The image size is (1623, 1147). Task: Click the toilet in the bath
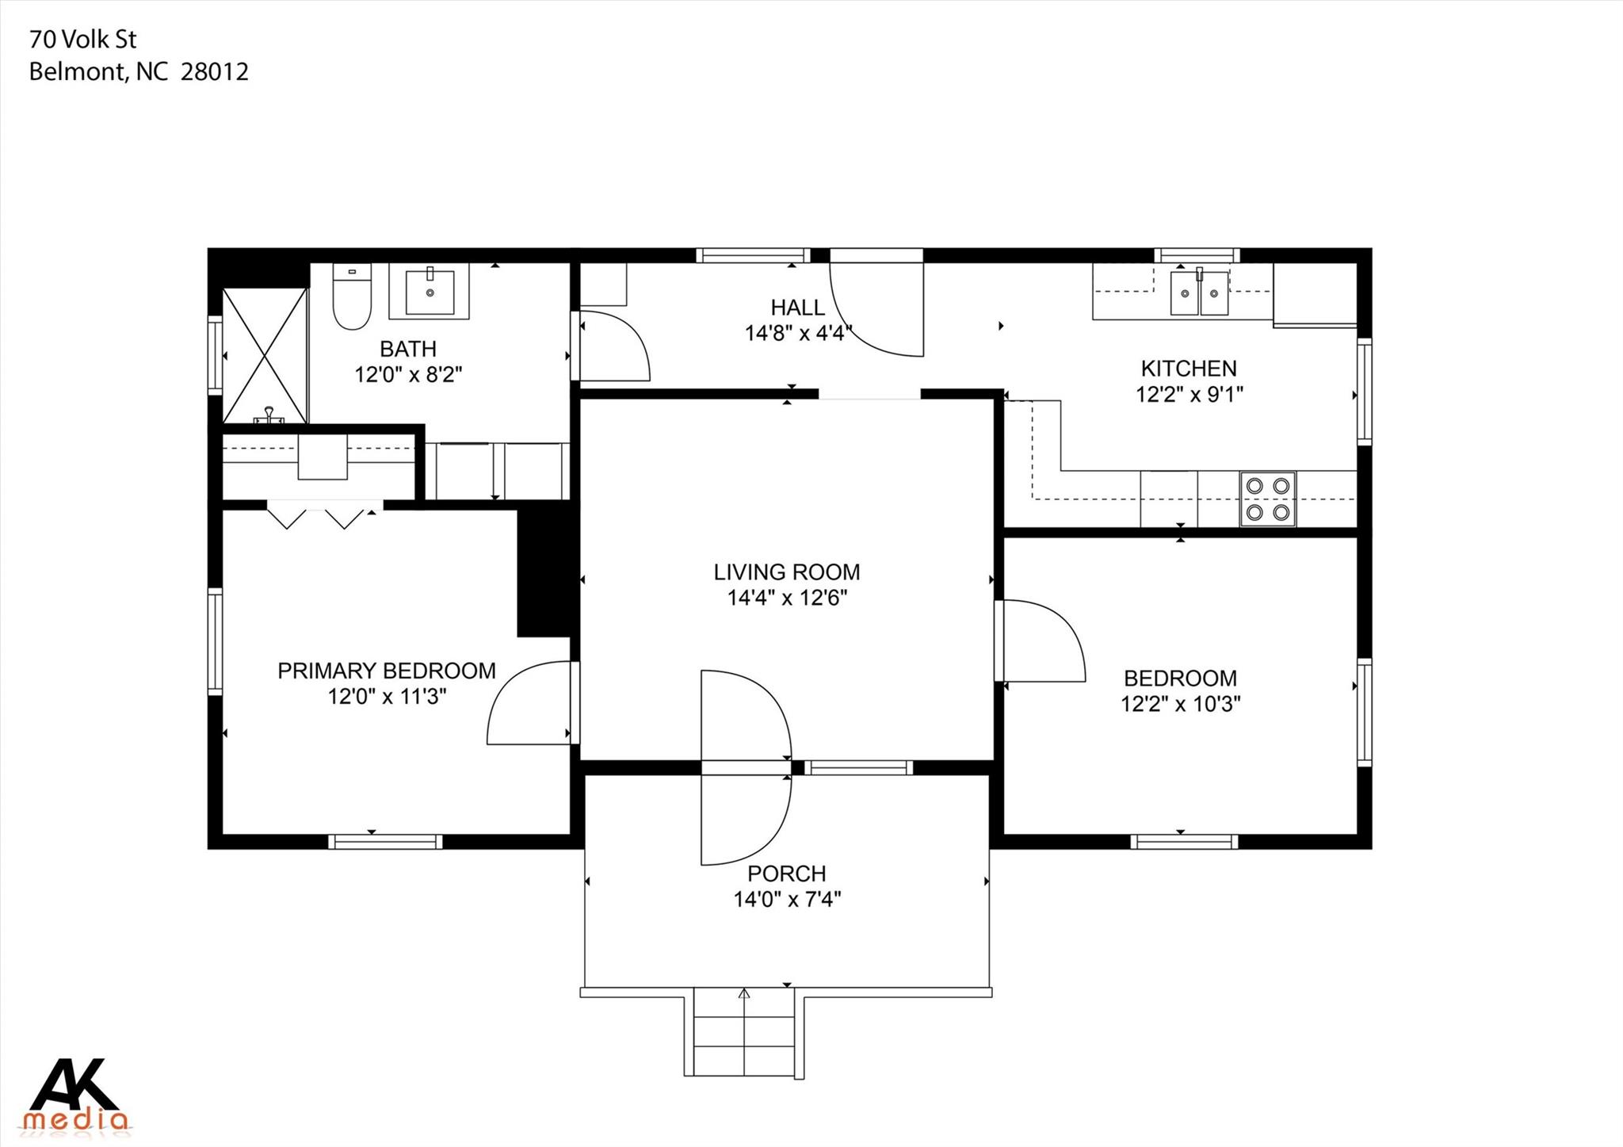[352, 300]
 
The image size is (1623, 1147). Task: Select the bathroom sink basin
[430, 292]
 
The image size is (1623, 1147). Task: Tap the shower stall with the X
[265, 355]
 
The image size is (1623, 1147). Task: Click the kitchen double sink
[1199, 292]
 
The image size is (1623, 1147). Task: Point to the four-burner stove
[1267, 499]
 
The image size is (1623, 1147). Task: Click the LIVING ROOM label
[786, 572]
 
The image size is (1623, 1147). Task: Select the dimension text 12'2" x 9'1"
[1189, 394]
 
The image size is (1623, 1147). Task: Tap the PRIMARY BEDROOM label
[386, 671]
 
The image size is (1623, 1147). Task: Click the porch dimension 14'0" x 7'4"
[786, 899]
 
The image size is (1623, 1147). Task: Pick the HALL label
[797, 307]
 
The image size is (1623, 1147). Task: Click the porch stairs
[743, 1032]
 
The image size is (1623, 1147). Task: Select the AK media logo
[75, 1095]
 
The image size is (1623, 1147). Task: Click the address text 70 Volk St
[82, 39]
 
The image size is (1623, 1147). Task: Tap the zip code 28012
[214, 71]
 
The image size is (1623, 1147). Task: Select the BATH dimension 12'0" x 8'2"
[407, 374]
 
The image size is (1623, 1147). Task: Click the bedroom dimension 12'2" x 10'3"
[1180, 704]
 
